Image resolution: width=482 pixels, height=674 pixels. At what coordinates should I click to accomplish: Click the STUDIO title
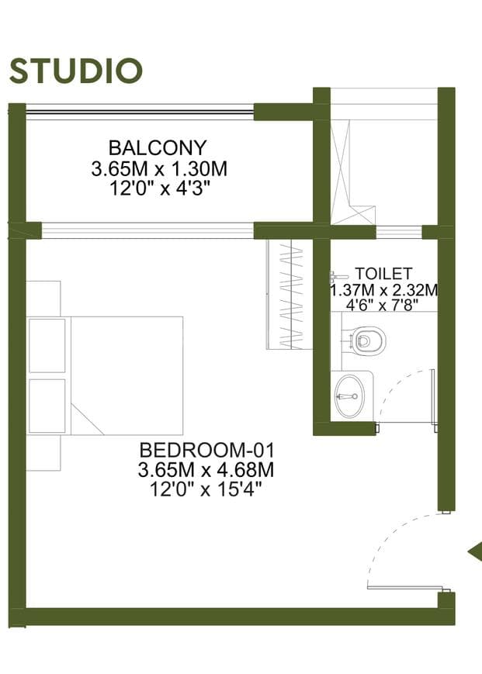pyautogui.click(x=75, y=71)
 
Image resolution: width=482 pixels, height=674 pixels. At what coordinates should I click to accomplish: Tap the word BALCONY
pyautogui.click(x=158, y=148)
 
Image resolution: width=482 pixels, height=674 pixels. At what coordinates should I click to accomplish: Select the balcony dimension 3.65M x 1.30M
pyautogui.click(x=158, y=168)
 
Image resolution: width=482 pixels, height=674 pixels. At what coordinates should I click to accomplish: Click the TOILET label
pyautogui.click(x=383, y=273)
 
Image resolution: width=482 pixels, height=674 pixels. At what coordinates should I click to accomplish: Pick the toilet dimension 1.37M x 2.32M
pyautogui.click(x=384, y=290)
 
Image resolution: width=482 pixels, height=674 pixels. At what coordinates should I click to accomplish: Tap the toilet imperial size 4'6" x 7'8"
pyautogui.click(x=383, y=305)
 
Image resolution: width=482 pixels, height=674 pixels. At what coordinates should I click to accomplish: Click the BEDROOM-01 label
pyautogui.click(x=206, y=450)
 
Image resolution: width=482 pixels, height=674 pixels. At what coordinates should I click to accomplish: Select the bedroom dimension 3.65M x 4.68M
pyautogui.click(x=206, y=470)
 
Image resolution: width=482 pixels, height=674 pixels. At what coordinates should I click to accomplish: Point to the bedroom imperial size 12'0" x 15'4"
pyautogui.click(x=206, y=489)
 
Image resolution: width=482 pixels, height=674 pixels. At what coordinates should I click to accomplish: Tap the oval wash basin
pyautogui.click(x=350, y=396)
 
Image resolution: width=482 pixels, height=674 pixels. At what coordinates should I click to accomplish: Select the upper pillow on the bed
pyautogui.click(x=47, y=345)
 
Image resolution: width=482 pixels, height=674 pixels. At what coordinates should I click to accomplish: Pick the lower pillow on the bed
pyautogui.click(x=47, y=406)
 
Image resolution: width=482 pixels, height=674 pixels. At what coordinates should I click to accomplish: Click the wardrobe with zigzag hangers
pyautogui.click(x=290, y=295)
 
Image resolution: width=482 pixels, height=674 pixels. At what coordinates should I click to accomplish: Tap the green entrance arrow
pyautogui.click(x=476, y=552)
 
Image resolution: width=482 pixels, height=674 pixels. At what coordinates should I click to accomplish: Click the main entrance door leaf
pyautogui.click(x=405, y=588)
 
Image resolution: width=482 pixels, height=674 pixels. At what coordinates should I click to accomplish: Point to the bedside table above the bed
pyautogui.click(x=43, y=299)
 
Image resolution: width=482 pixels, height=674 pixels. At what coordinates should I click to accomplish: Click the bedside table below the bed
pyautogui.click(x=43, y=453)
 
